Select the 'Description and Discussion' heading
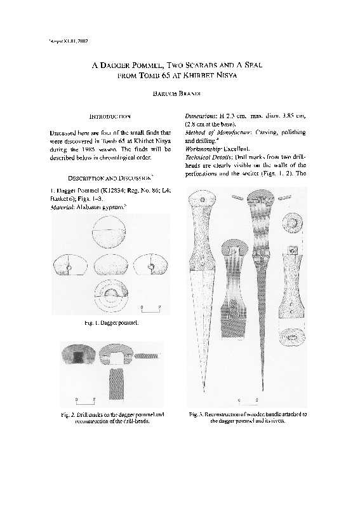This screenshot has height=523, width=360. pyautogui.click(x=109, y=177)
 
